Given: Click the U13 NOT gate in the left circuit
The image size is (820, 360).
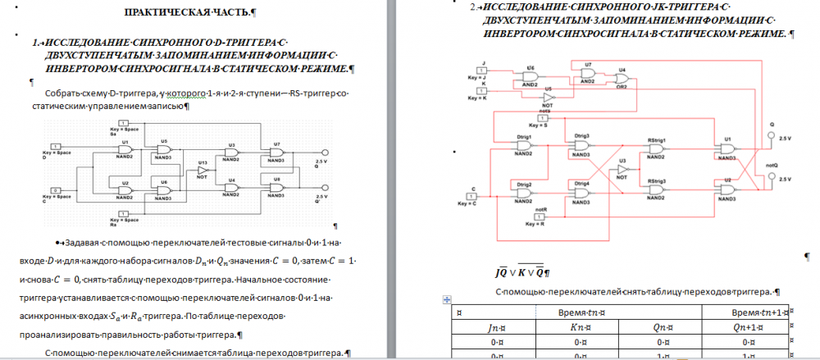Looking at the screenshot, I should [203, 168].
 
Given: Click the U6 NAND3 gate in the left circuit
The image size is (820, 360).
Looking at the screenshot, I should [163, 189].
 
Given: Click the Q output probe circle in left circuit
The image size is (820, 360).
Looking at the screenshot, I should [326, 153].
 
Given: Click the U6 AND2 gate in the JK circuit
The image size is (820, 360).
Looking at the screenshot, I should [530, 75].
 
